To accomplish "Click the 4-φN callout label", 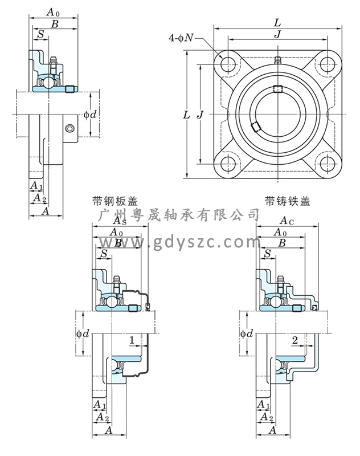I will coord(182,38).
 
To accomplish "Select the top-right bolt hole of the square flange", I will coord(326,62).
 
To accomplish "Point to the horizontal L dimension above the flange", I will coord(277,23).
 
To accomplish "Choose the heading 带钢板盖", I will coord(114,201).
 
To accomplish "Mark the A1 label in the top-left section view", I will coord(35,186).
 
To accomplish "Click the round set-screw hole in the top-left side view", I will coord(69,128).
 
